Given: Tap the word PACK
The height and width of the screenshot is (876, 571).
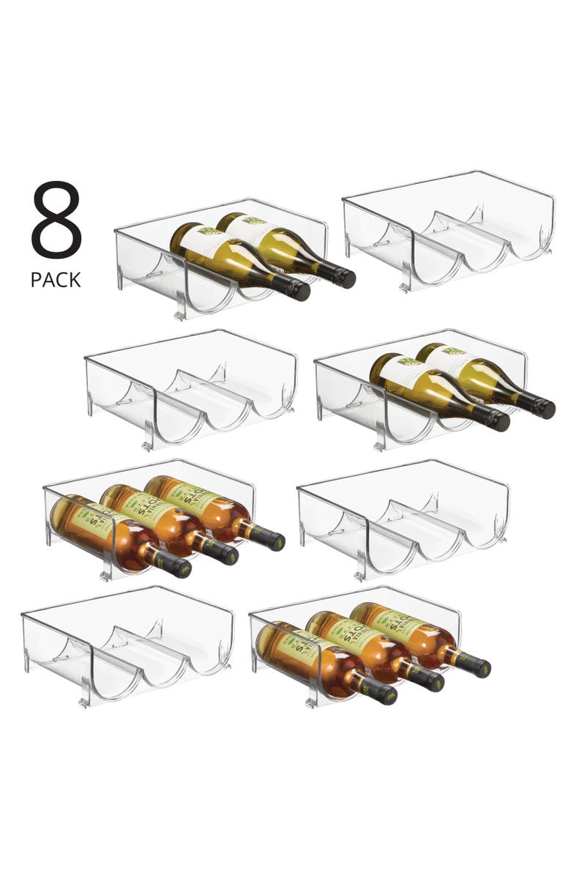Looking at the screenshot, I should point(56,279).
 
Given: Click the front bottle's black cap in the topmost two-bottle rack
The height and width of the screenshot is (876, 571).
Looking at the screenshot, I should point(299,290).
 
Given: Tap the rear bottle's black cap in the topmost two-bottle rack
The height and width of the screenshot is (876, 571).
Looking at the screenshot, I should point(344,278).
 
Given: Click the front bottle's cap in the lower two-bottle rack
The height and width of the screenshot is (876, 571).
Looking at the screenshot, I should point(498,420).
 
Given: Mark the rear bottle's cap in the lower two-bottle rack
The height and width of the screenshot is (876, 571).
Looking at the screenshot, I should point(542,407).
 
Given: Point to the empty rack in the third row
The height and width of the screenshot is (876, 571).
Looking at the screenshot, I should point(403,516).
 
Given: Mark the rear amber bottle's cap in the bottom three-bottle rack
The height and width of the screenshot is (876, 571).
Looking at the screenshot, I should point(477,667).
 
